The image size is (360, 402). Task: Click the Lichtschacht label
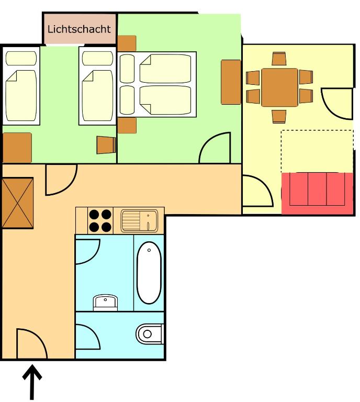[x=79, y=29]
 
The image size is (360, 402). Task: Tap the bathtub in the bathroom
[x=149, y=272]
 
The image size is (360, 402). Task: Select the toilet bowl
[x=149, y=333]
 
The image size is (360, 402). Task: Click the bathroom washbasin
[x=105, y=303]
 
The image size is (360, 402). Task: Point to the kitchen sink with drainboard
[x=139, y=221]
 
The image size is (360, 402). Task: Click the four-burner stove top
[x=100, y=220]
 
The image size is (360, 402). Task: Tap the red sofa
[x=317, y=193]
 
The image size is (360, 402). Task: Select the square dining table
[x=279, y=87]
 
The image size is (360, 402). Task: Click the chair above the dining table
[x=279, y=59]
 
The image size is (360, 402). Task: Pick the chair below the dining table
[x=279, y=117]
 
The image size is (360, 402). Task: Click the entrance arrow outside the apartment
[x=32, y=382]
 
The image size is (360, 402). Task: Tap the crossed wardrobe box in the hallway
[x=18, y=203]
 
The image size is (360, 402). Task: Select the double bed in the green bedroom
[x=157, y=84]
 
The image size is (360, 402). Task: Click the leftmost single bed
[x=21, y=86]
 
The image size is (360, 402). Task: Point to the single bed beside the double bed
[x=97, y=86]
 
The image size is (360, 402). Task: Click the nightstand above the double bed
[x=127, y=43]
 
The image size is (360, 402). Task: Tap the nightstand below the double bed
[x=127, y=126]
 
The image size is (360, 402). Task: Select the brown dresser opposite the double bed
[x=231, y=82]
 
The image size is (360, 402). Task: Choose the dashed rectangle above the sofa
[x=317, y=151]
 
